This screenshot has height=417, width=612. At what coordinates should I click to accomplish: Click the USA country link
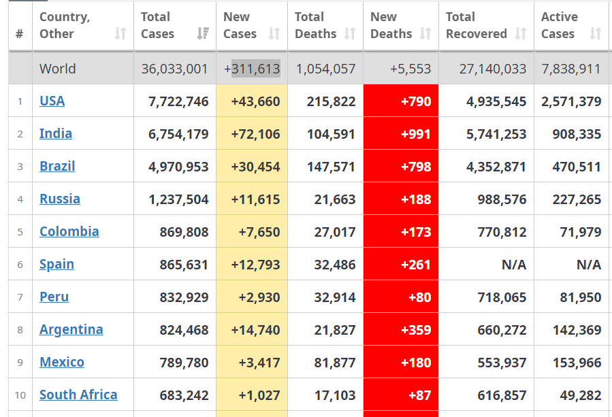click(52, 101)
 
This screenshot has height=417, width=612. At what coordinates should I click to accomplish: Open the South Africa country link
click(78, 395)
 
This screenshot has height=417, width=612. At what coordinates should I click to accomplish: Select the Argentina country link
click(71, 330)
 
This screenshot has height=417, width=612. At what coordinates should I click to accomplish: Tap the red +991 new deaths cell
click(416, 134)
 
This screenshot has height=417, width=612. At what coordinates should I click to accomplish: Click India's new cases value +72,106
click(255, 134)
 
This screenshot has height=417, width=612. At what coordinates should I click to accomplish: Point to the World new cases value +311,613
click(252, 69)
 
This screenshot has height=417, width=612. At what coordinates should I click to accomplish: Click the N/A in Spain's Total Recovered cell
click(513, 265)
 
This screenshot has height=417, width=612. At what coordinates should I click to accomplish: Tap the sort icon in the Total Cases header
click(202, 33)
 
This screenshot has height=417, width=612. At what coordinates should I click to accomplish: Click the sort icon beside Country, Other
click(120, 33)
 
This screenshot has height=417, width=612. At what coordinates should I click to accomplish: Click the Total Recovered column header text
click(477, 25)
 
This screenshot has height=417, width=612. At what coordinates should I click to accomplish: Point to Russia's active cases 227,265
click(577, 199)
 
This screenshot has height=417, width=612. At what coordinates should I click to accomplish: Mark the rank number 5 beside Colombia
click(20, 232)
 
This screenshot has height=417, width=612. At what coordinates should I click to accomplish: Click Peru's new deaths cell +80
click(419, 297)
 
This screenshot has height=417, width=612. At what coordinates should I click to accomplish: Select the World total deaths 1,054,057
click(326, 69)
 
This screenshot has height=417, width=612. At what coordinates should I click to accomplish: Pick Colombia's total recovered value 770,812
click(496, 232)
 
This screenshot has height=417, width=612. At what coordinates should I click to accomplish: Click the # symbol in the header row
click(19, 33)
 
